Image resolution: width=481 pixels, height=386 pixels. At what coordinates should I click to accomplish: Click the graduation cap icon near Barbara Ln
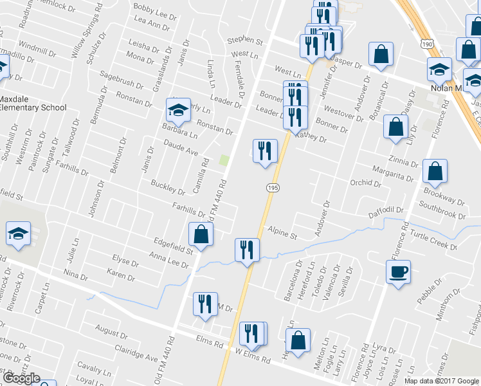pyautogui.click(x=178, y=111)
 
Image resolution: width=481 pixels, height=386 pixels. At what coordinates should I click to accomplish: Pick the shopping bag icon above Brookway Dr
pyautogui.click(x=435, y=171)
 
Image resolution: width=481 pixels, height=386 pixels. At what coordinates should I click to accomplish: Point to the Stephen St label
pyautogui.click(x=245, y=41)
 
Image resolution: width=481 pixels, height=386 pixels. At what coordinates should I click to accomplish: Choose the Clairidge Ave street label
pyautogui.click(x=136, y=355)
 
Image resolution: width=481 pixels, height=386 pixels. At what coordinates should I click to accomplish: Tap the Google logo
pyautogui.click(x=21, y=378)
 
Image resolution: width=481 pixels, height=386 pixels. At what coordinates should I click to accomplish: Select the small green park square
pyautogui.click(x=224, y=160)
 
